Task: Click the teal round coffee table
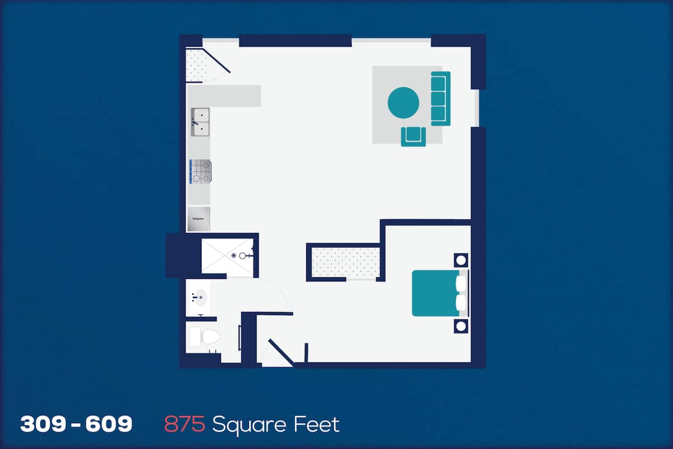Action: click(x=403, y=103)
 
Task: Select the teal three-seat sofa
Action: click(x=440, y=98)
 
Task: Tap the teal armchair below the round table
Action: click(x=413, y=136)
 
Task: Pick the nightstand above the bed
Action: click(x=461, y=260)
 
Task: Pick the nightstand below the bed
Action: click(x=461, y=326)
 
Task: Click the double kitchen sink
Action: click(x=200, y=122)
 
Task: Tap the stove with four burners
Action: click(x=200, y=172)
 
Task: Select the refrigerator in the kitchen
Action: click(x=199, y=219)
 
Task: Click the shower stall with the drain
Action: click(x=227, y=255)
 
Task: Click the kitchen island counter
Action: click(x=224, y=95)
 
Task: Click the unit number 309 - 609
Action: click(x=76, y=424)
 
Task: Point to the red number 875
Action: click(x=185, y=424)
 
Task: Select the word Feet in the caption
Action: click(x=316, y=424)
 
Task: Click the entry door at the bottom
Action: click(x=281, y=352)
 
